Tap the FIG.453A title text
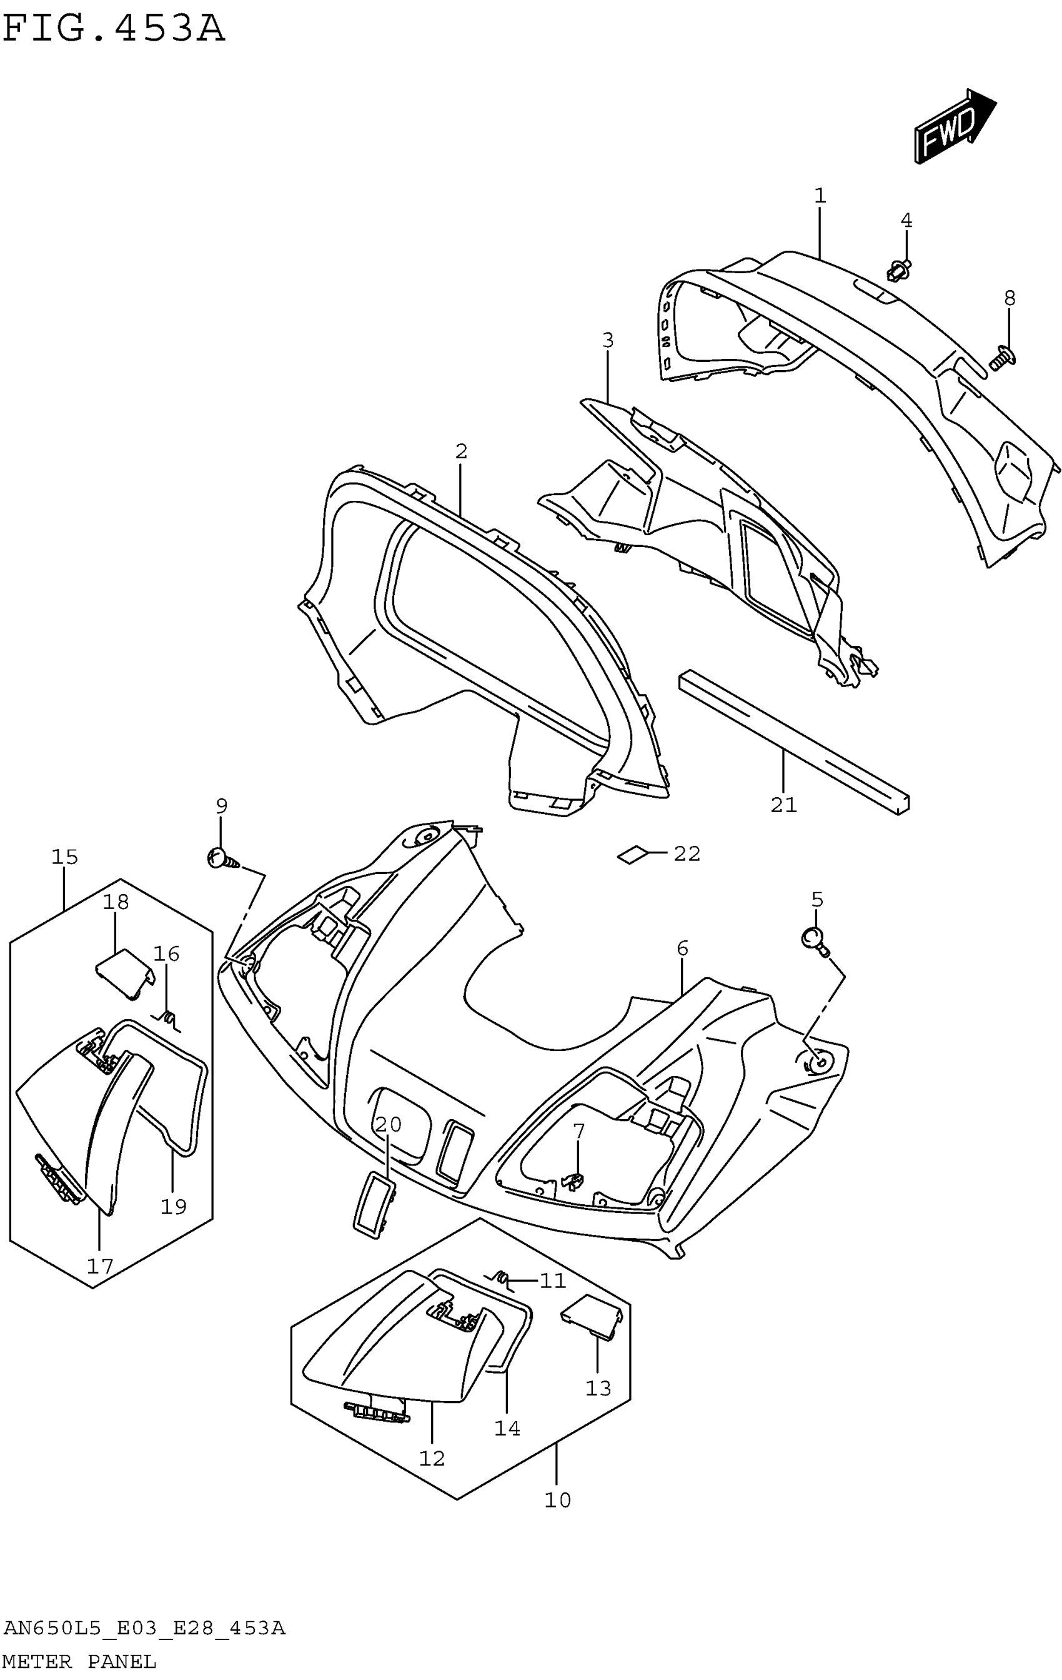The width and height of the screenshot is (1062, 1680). point(114,29)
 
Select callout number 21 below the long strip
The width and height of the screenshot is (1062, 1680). point(783,805)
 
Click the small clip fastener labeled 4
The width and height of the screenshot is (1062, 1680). point(899,270)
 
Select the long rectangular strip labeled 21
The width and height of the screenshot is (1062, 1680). point(793,742)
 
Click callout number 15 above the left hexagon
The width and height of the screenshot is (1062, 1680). point(64,857)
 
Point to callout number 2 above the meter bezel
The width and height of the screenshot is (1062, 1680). point(461,451)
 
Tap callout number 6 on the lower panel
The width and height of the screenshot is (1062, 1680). point(682,948)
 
